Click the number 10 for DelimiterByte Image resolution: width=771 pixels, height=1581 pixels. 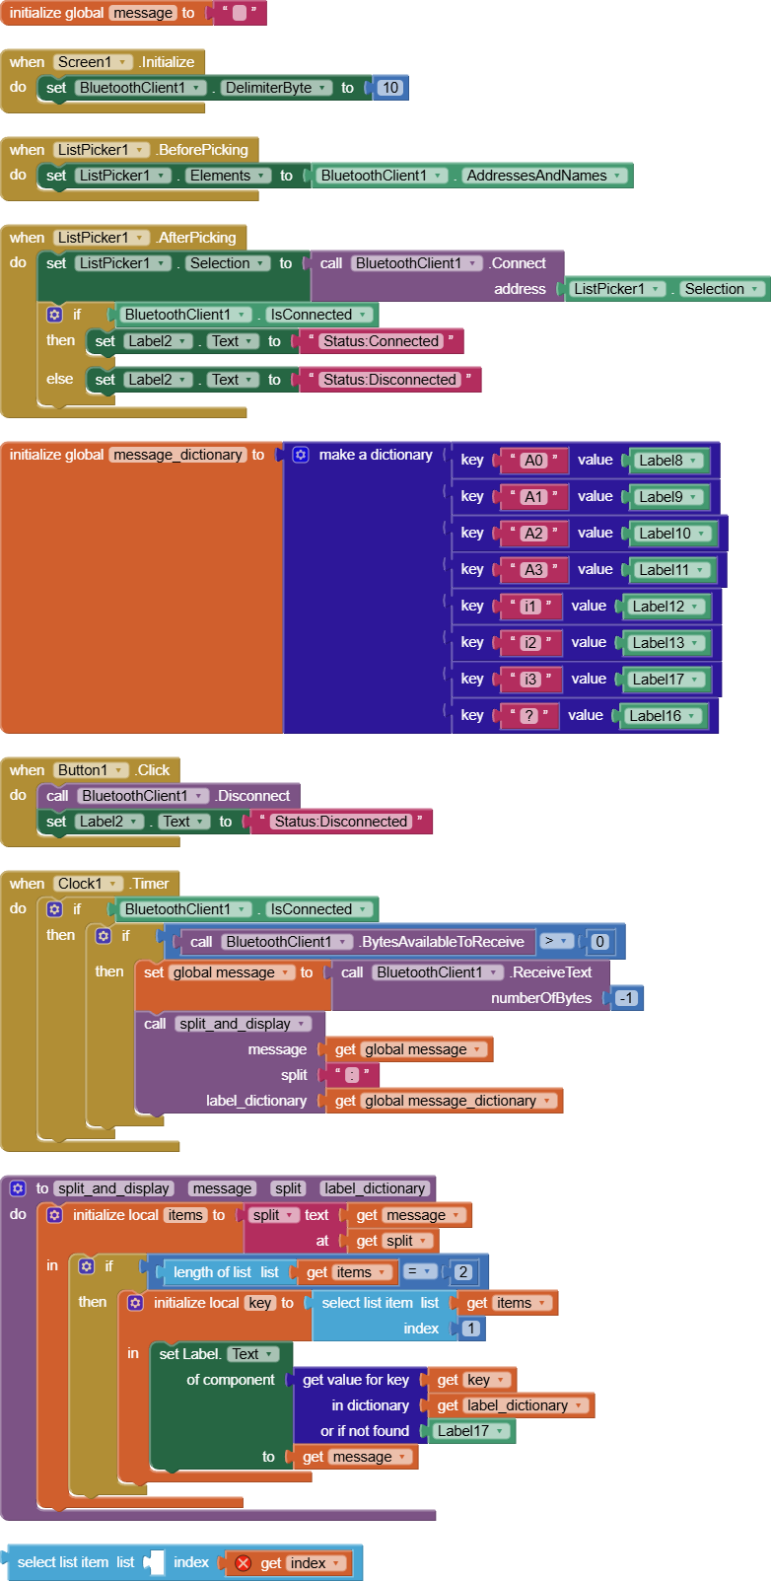point(390,88)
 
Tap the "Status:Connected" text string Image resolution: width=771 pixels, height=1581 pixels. point(381,341)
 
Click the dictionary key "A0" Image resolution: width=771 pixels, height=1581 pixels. point(534,461)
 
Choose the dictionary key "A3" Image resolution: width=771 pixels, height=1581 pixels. point(534,570)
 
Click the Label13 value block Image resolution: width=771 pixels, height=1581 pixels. point(665,642)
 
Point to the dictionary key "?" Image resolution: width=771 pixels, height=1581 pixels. point(529,715)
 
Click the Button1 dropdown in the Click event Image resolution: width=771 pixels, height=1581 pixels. point(91,770)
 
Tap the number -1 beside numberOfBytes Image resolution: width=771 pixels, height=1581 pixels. point(626,998)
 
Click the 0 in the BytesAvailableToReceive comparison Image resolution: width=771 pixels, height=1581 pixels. point(598,942)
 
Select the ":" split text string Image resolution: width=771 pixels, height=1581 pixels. point(352,1075)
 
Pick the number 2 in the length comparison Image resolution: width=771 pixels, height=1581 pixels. point(462,1272)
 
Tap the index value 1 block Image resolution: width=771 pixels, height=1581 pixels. point(471,1329)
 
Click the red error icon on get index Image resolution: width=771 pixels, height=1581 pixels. point(244,1563)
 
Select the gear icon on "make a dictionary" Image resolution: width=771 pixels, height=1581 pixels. point(301,455)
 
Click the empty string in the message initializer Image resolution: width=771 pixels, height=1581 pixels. point(240,13)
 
